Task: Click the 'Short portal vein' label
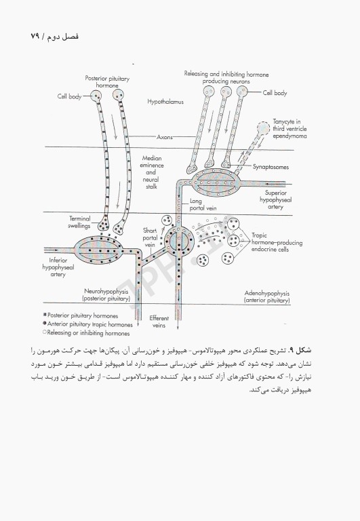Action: click(x=151, y=237)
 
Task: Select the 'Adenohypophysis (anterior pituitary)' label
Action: click(x=267, y=296)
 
